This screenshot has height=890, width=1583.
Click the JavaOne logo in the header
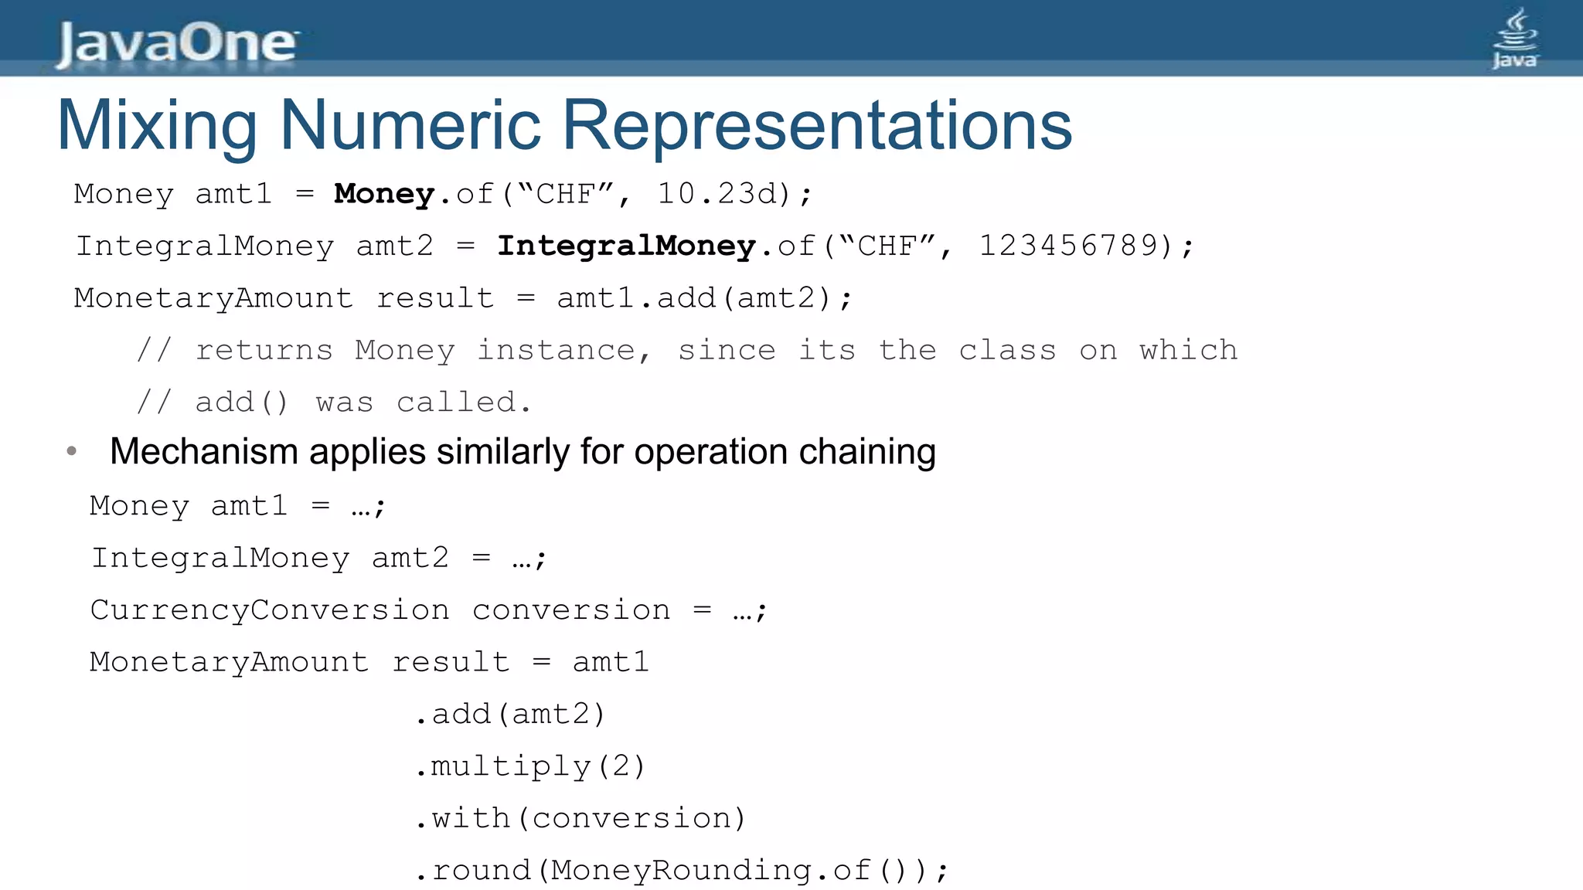pos(176,43)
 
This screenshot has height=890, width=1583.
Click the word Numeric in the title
pos(410,125)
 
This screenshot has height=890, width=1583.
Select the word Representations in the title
pos(816,125)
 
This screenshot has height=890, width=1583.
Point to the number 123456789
pos(1068,246)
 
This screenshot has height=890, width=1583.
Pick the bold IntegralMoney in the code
pos(625,246)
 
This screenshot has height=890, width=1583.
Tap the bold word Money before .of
pos(383,194)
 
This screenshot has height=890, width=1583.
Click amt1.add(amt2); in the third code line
pos(704,298)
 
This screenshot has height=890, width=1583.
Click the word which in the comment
pos(1188,351)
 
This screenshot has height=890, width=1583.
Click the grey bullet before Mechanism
pos(72,451)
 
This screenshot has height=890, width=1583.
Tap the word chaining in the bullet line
pos(867,452)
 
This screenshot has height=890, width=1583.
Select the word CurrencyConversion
pos(270,610)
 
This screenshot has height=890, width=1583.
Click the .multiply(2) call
pos(529,766)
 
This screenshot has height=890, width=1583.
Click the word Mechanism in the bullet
pos(203,452)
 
